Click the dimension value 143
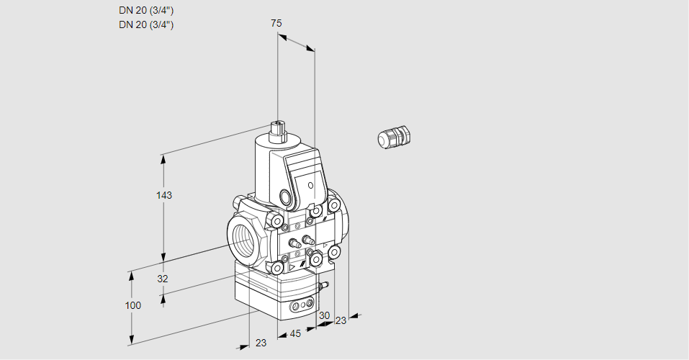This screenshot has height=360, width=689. click(165, 195)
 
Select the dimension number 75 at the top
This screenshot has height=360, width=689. click(276, 23)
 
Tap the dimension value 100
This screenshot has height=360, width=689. click(132, 305)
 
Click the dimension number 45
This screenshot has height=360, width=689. click(294, 333)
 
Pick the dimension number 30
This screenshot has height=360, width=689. click(324, 315)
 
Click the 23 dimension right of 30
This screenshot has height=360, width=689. click(341, 320)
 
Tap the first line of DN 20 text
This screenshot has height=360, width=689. click(146, 10)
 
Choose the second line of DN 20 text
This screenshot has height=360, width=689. click(146, 24)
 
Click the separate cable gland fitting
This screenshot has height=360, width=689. click(394, 137)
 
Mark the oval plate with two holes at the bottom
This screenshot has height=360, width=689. click(302, 307)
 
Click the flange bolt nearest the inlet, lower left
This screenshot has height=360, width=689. click(276, 268)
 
